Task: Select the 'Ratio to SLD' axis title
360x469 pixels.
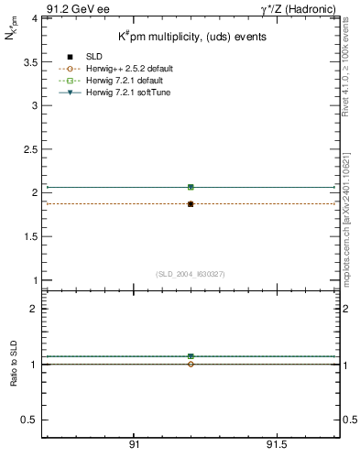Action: (x=16, y=364)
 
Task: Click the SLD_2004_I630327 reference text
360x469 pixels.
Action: (x=190, y=274)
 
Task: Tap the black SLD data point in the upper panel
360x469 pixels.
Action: (x=191, y=204)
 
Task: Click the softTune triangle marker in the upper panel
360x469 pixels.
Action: (x=191, y=187)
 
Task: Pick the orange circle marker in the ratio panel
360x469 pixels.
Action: (x=191, y=365)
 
